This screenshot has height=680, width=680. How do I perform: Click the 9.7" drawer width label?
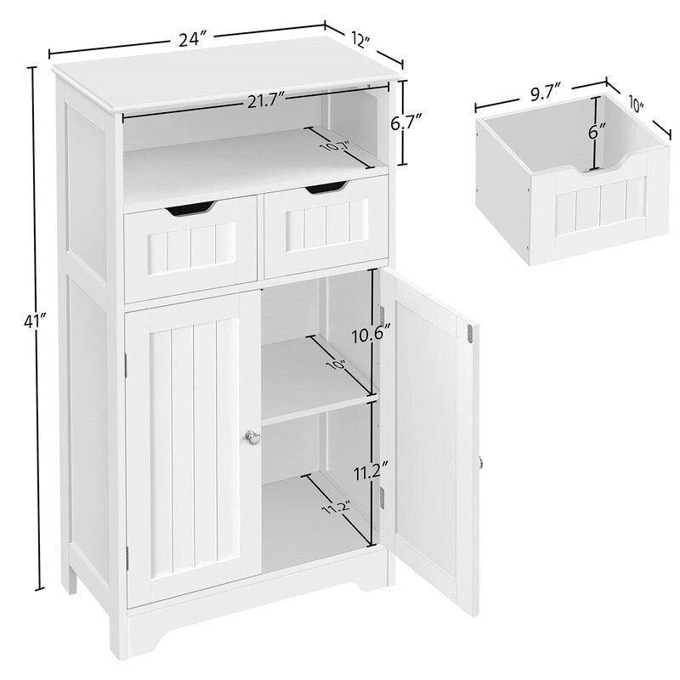point(541,93)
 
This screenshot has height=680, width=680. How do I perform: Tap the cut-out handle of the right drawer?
point(326,187)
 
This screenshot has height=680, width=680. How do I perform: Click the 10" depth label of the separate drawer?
point(635,106)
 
